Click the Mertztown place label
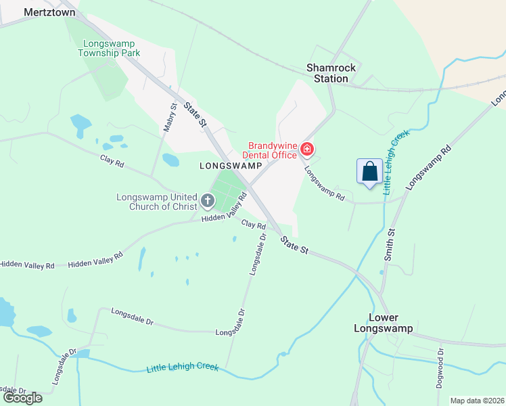(49, 12)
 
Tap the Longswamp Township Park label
(109, 47)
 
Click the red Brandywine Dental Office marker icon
(307, 148)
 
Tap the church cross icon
(208, 201)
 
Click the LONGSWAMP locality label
(231, 165)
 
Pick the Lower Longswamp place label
(384, 323)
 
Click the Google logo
(22, 398)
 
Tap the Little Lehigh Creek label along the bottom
(183, 367)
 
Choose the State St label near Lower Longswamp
(295, 245)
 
